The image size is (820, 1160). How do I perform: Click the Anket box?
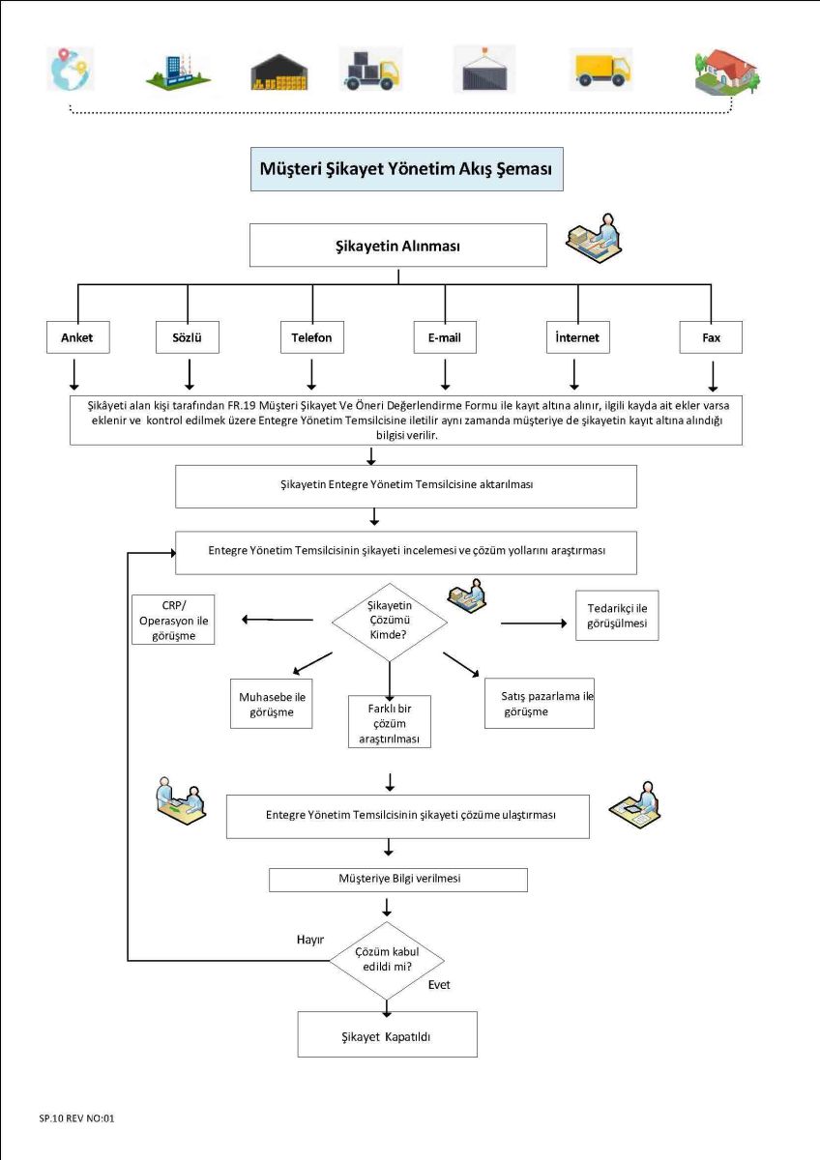pos(77,337)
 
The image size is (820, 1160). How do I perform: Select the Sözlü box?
pos(187,337)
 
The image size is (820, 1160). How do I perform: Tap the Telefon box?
pos(311,337)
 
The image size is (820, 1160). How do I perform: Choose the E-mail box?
pos(445,337)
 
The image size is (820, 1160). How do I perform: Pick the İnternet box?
pos(577,337)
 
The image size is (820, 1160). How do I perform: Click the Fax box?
pos(711,337)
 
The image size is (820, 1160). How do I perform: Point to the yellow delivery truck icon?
pos(600,70)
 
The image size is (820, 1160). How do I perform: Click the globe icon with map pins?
pos(71,69)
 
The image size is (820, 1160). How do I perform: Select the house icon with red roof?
pos(727,72)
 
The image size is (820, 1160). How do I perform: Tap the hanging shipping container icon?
pos(484,69)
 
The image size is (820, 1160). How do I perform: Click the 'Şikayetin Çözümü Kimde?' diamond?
pos(389,622)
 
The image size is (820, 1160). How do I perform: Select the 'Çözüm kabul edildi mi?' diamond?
pos(387,961)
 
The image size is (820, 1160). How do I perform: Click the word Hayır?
pos(309,940)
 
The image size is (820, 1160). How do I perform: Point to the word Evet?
pos(439,984)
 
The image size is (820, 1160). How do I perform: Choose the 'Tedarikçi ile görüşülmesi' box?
pos(617,615)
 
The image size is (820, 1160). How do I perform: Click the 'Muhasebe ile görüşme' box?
pos(272,704)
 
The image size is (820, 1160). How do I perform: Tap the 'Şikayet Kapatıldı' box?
pos(387,1036)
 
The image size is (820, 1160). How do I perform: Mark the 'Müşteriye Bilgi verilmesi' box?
pos(397,880)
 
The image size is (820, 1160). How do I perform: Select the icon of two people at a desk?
pos(180,800)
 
